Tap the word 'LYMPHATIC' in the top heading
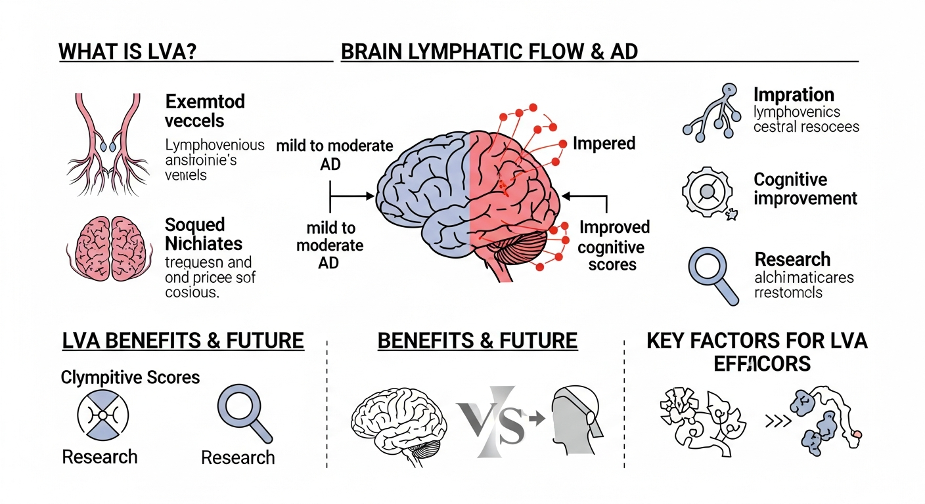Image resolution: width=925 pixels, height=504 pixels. pos(453,52)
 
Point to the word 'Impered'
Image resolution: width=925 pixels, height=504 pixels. pos(604,143)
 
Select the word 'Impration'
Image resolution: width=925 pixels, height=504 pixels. pos(794,94)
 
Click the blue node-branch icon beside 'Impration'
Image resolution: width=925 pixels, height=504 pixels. pos(709,113)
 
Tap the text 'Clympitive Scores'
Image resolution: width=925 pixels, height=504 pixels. pos(130,377)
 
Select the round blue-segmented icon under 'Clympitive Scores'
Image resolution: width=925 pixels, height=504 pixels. pos(103,415)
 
